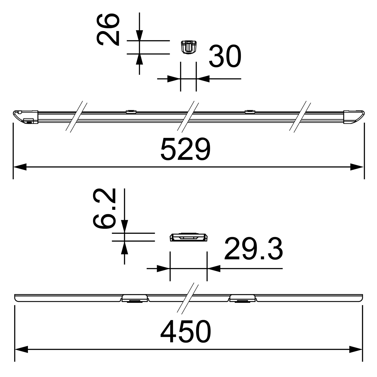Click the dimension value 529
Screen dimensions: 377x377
[x=185, y=149]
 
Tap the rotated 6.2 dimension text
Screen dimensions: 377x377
[x=104, y=208]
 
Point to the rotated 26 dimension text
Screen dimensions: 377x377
[x=108, y=30]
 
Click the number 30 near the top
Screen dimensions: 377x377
[x=225, y=56]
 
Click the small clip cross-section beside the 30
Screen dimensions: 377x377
[x=188, y=47]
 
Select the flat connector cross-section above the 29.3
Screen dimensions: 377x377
[x=188, y=237]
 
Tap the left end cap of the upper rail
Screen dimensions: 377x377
[x=25, y=117]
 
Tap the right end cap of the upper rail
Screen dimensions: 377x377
[x=354, y=117]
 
